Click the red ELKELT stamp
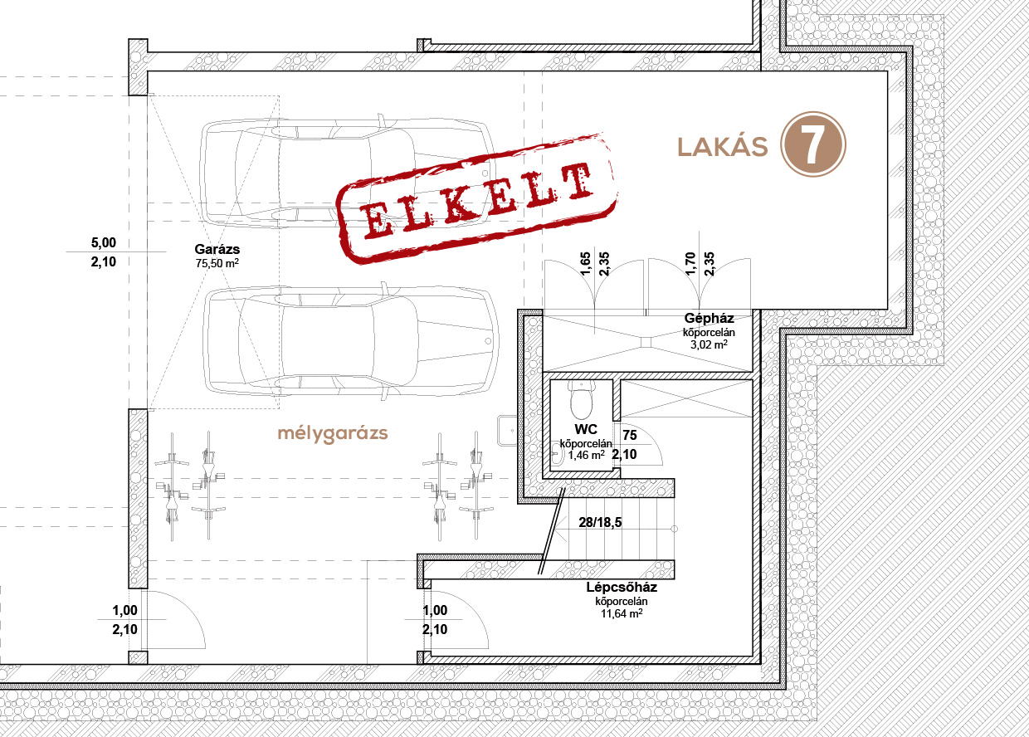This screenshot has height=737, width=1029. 476,199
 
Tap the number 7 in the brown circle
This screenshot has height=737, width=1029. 812,144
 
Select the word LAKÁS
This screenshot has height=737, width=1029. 723,146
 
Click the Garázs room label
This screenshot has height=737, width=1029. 217,250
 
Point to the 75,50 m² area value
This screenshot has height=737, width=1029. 217,263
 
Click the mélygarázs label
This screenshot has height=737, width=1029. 333,433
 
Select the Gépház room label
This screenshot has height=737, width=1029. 709,318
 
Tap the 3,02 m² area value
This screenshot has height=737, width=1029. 709,344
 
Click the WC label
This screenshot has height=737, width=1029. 586,429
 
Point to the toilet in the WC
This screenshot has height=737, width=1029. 582,399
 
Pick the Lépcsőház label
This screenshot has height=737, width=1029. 622,588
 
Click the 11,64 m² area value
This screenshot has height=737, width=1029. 622,613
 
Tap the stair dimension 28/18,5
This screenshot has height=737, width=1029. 601,522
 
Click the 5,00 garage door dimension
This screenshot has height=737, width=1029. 104,242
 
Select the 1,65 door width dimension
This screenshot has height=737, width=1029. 585,263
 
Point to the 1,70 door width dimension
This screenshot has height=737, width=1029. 690,263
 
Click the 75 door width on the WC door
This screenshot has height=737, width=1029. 630,435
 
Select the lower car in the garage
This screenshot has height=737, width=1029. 350,342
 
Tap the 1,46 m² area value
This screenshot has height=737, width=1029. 586,456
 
